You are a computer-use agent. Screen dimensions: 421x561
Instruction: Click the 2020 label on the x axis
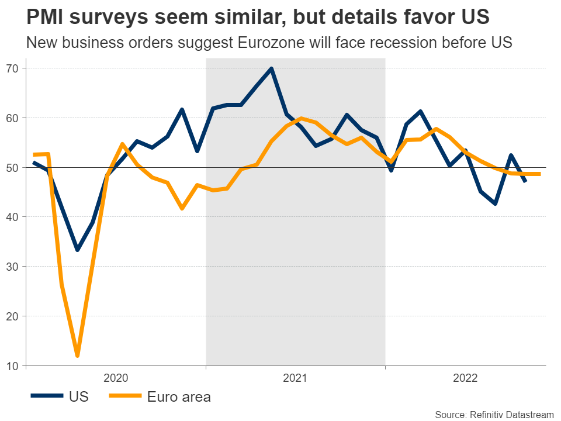(x=116, y=378)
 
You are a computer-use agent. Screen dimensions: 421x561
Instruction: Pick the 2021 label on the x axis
(x=295, y=378)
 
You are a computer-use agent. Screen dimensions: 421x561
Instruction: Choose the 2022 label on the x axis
(x=465, y=378)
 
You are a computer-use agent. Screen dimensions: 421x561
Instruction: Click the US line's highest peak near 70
(x=272, y=68)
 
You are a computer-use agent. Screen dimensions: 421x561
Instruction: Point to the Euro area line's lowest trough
(x=78, y=356)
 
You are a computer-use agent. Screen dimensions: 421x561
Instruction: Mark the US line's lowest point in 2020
(x=78, y=250)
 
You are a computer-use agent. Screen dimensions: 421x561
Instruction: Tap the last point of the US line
(x=525, y=181)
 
